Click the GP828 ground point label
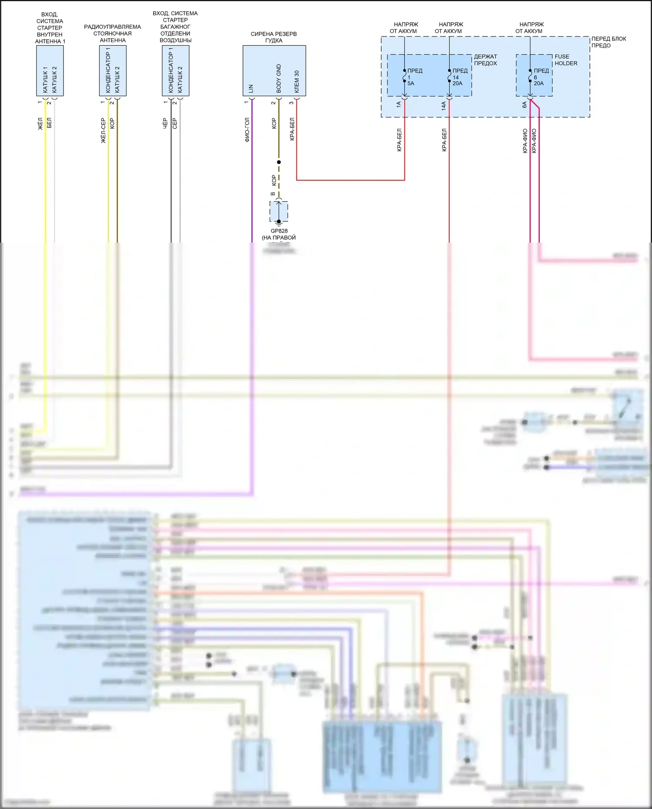279,231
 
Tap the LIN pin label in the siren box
251,89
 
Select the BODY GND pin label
279,78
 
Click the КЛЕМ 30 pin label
297,82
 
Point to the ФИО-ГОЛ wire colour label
247,130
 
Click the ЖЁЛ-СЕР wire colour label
103,130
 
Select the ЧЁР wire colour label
165,123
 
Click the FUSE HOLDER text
566,60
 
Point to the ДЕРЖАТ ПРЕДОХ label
485,60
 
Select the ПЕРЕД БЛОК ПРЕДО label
608,42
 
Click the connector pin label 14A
444,105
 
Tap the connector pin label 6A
525,105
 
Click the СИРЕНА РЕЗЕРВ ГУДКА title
274,37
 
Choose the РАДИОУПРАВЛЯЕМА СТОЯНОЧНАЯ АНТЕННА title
113,33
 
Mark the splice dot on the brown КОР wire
279,162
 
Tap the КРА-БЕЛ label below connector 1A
399,140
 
